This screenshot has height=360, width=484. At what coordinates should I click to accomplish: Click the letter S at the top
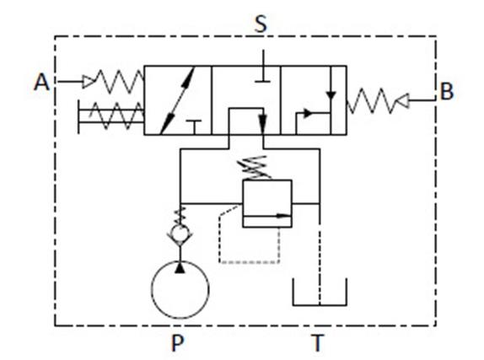(x=261, y=24)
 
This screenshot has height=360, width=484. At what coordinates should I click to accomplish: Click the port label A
(x=41, y=82)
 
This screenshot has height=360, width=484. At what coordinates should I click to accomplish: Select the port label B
(x=447, y=91)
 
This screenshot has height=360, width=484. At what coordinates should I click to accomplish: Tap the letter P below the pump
(x=177, y=343)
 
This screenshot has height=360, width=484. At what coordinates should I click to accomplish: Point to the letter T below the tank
(x=318, y=343)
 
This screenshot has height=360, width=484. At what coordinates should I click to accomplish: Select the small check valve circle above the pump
(x=180, y=227)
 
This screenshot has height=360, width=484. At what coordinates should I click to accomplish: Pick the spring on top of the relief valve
(x=255, y=168)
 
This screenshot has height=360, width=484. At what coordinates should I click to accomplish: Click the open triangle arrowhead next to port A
(x=88, y=82)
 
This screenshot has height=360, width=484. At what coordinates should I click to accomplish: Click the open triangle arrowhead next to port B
(x=402, y=100)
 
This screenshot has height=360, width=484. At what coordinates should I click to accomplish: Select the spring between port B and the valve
(x=371, y=100)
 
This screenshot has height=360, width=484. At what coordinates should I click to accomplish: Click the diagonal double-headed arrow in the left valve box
(x=177, y=101)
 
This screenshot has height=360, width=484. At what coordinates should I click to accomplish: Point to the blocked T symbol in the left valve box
(x=194, y=127)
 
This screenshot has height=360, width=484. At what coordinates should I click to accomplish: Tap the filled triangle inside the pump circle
(x=180, y=268)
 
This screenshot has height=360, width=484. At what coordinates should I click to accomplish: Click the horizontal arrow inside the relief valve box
(x=267, y=216)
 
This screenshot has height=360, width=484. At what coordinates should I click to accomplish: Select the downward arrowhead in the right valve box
(x=331, y=95)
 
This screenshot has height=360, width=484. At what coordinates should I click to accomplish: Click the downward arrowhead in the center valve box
(x=263, y=122)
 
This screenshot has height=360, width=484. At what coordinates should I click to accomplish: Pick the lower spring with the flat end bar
(x=110, y=116)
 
